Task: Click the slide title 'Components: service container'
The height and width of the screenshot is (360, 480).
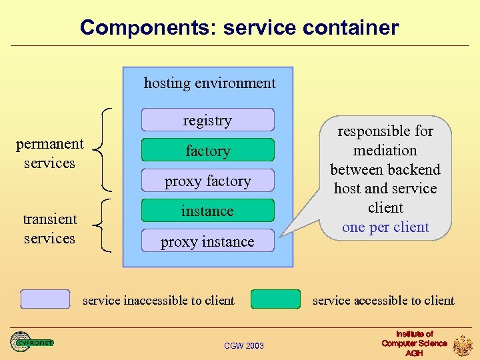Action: (x=239, y=27)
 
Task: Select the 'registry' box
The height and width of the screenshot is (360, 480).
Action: (x=207, y=120)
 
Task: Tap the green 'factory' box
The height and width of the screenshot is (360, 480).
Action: (x=207, y=151)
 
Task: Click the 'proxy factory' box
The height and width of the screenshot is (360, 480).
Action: (x=207, y=181)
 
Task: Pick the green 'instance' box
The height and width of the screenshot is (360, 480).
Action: (x=207, y=211)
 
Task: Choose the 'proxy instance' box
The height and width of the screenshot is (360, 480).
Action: (x=207, y=241)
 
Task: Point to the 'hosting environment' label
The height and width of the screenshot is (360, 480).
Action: (x=209, y=83)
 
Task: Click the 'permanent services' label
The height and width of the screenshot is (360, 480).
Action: (x=49, y=153)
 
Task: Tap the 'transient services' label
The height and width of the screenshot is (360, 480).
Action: (x=49, y=229)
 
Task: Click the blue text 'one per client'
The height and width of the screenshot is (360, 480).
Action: (x=385, y=227)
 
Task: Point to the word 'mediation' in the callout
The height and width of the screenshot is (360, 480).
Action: (x=385, y=151)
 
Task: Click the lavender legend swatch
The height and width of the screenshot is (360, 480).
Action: (x=45, y=299)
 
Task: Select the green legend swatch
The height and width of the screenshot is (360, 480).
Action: (x=275, y=299)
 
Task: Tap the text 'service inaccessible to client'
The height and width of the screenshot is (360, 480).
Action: (x=158, y=301)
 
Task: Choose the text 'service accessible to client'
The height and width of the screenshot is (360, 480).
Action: (x=383, y=301)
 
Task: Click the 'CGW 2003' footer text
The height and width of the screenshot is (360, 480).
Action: (x=243, y=345)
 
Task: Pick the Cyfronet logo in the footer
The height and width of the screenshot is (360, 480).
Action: (x=31, y=342)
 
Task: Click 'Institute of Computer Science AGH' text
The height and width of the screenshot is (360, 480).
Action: (x=414, y=343)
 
